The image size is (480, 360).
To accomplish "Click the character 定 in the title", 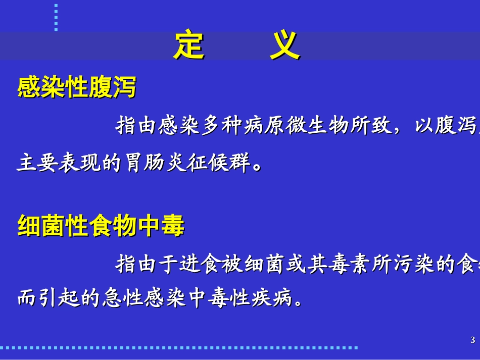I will click(x=188, y=46).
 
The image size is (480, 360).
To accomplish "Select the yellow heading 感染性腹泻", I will click(x=77, y=87).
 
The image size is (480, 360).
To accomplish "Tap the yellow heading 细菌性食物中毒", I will click(x=101, y=226).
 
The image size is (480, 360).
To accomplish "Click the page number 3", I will click(x=472, y=340).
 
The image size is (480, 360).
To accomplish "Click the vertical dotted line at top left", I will click(x=56, y=17).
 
